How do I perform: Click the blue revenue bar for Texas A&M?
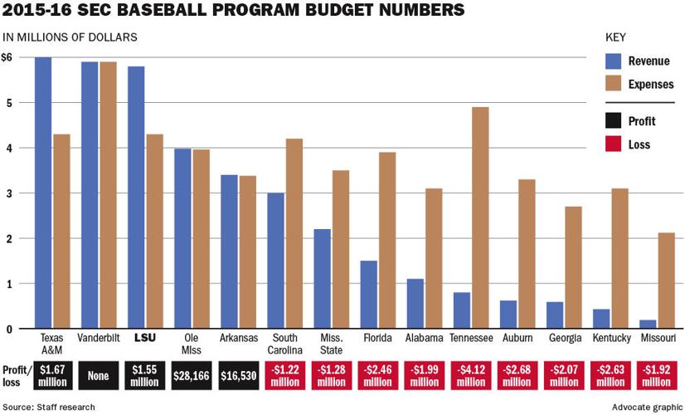tap(43, 193)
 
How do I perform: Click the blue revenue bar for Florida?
tap(369, 295)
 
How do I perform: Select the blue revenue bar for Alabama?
tap(415, 304)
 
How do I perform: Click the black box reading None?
tap(100, 375)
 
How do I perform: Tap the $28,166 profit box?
tap(192, 375)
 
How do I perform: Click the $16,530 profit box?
tap(239, 375)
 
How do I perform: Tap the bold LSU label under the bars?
tap(146, 339)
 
